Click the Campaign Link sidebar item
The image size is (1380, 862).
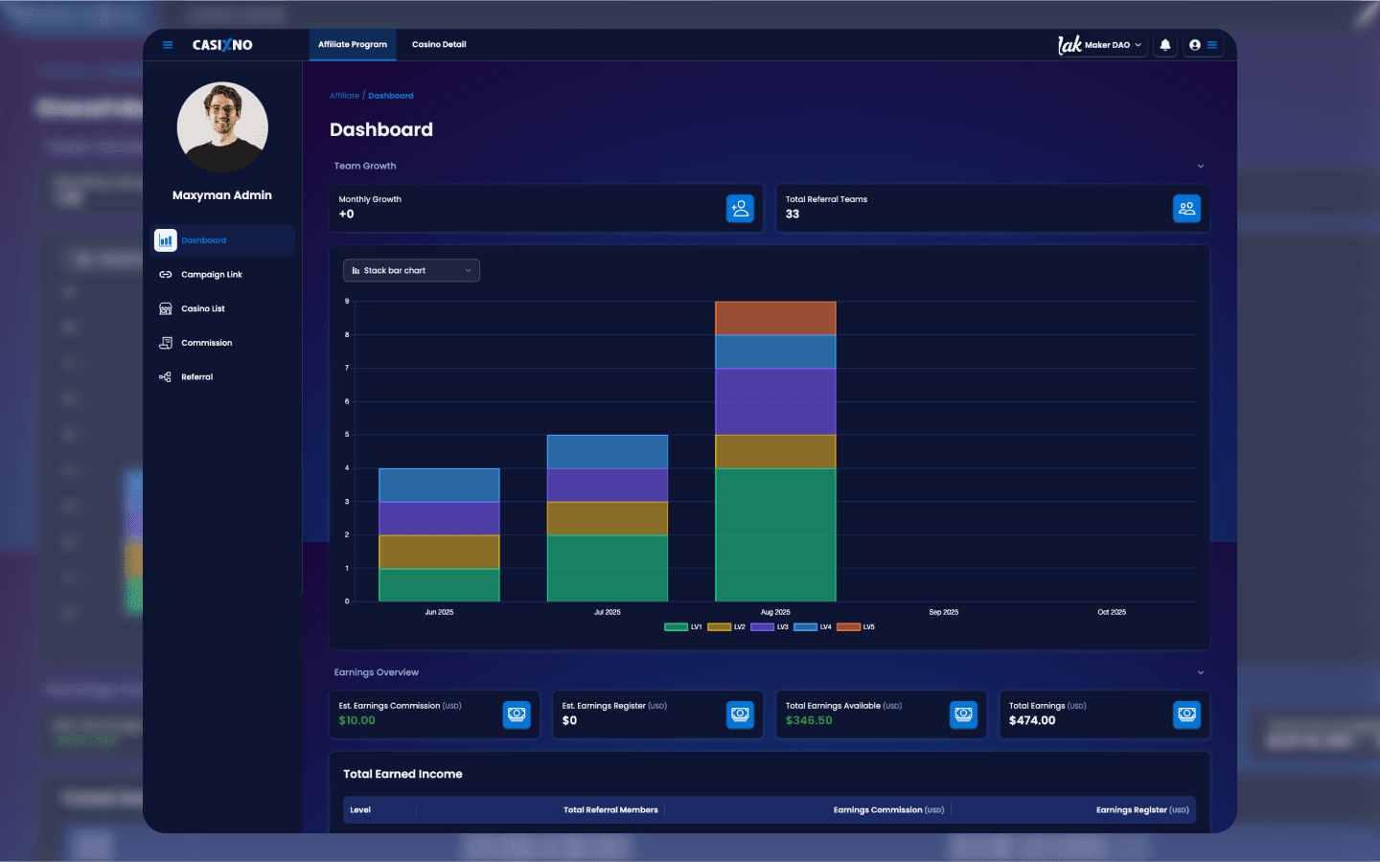tap(211, 275)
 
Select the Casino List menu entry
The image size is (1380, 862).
tap(202, 309)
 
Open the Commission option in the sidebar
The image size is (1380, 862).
tap(206, 343)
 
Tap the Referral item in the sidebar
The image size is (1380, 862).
tap(196, 377)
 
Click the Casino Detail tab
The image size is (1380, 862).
tap(439, 45)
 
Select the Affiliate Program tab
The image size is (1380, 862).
tap(353, 45)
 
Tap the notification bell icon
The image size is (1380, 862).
tap(1165, 45)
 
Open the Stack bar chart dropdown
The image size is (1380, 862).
tap(411, 271)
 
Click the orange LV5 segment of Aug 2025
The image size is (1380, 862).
tap(775, 318)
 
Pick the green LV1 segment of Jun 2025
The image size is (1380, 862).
tap(439, 585)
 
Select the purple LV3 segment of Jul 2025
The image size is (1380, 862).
tap(607, 485)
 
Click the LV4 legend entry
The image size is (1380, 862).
tap(813, 627)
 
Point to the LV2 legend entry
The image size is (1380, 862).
tap(726, 627)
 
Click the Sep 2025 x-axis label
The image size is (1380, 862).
tap(943, 612)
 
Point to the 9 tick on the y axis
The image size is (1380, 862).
tap(347, 302)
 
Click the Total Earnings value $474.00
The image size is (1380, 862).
tap(1032, 721)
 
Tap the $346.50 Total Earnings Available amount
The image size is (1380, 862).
tap(809, 721)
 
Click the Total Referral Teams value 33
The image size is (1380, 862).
tap(793, 215)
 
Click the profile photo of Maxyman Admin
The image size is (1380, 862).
tap(222, 127)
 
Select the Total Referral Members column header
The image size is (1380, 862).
tap(610, 810)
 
